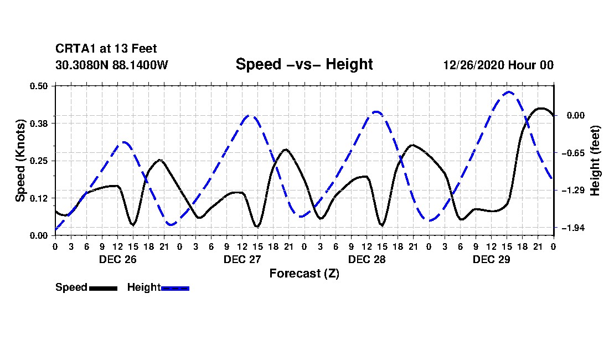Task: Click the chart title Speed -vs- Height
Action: click(x=304, y=64)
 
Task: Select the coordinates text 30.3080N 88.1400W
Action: click(x=112, y=65)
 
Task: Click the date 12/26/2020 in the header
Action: click(x=474, y=65)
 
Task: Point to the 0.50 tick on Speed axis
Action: click(x=38, y=86)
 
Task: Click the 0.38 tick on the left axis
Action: click(x=38, y=124)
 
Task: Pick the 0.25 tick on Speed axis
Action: click(x=38, y=161)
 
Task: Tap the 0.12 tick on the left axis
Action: click(x=38, y=198)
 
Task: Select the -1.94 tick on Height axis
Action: click(x=573, y=228)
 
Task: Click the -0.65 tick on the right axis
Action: click(x=573, y=153)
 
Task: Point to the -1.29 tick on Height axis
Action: click(x=573, y=191)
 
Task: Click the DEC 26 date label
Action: click(x=118, y=259)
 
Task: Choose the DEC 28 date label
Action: click(x=367, y=259)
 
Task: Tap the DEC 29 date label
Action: click(x=491, y=259)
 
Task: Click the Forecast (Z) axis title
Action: click(x=304, y=274)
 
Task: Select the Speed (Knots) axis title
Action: click(x=20, y=161)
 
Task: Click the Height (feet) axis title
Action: click(x=595, y=161)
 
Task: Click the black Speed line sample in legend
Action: click(x=103, y=289)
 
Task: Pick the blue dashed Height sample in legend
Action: click(x=175, y=289)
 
